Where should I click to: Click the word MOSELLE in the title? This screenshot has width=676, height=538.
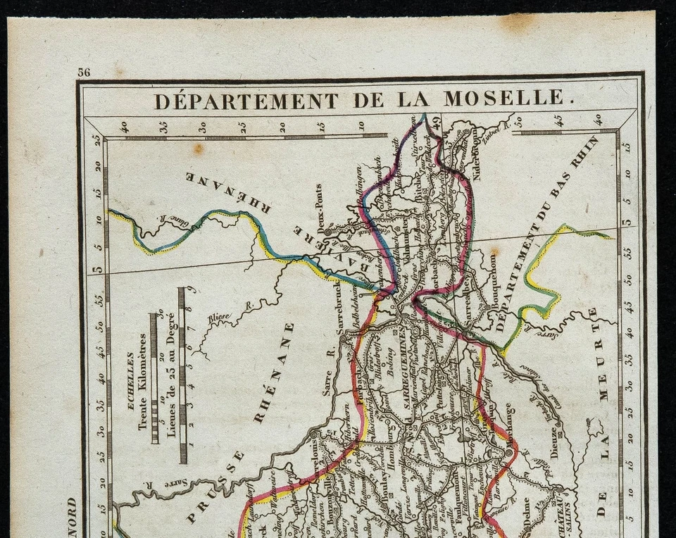[x=503, y=98]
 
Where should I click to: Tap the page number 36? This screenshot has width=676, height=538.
[x=84, y=72]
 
